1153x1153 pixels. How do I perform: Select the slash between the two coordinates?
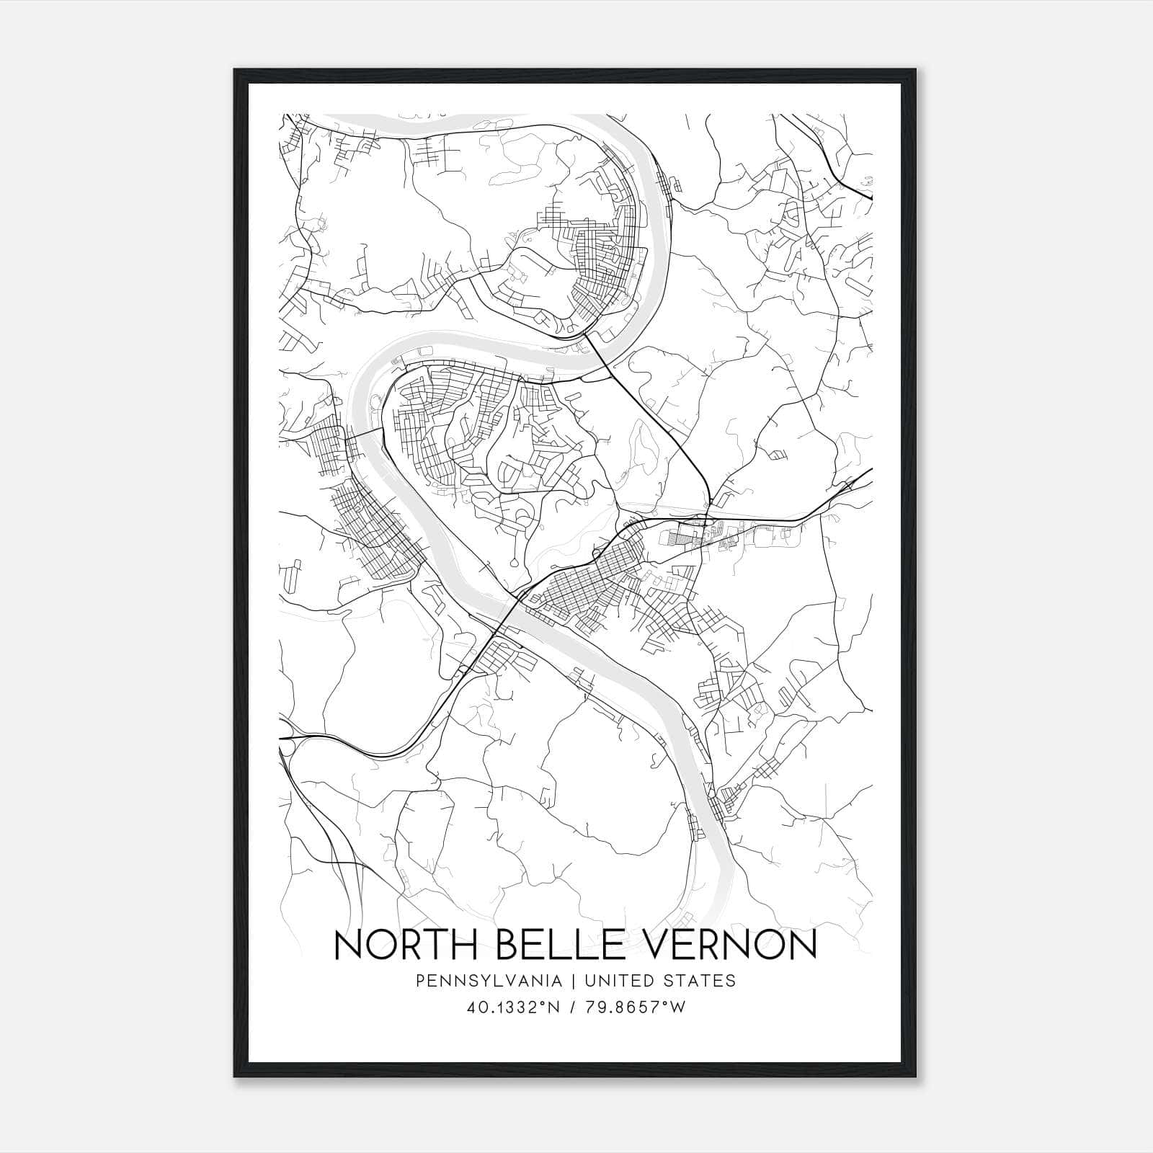click(x=572, y=1007)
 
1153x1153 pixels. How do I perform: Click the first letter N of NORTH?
click(x=347, y=945)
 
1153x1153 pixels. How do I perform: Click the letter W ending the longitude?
click(x=677, y=1007)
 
